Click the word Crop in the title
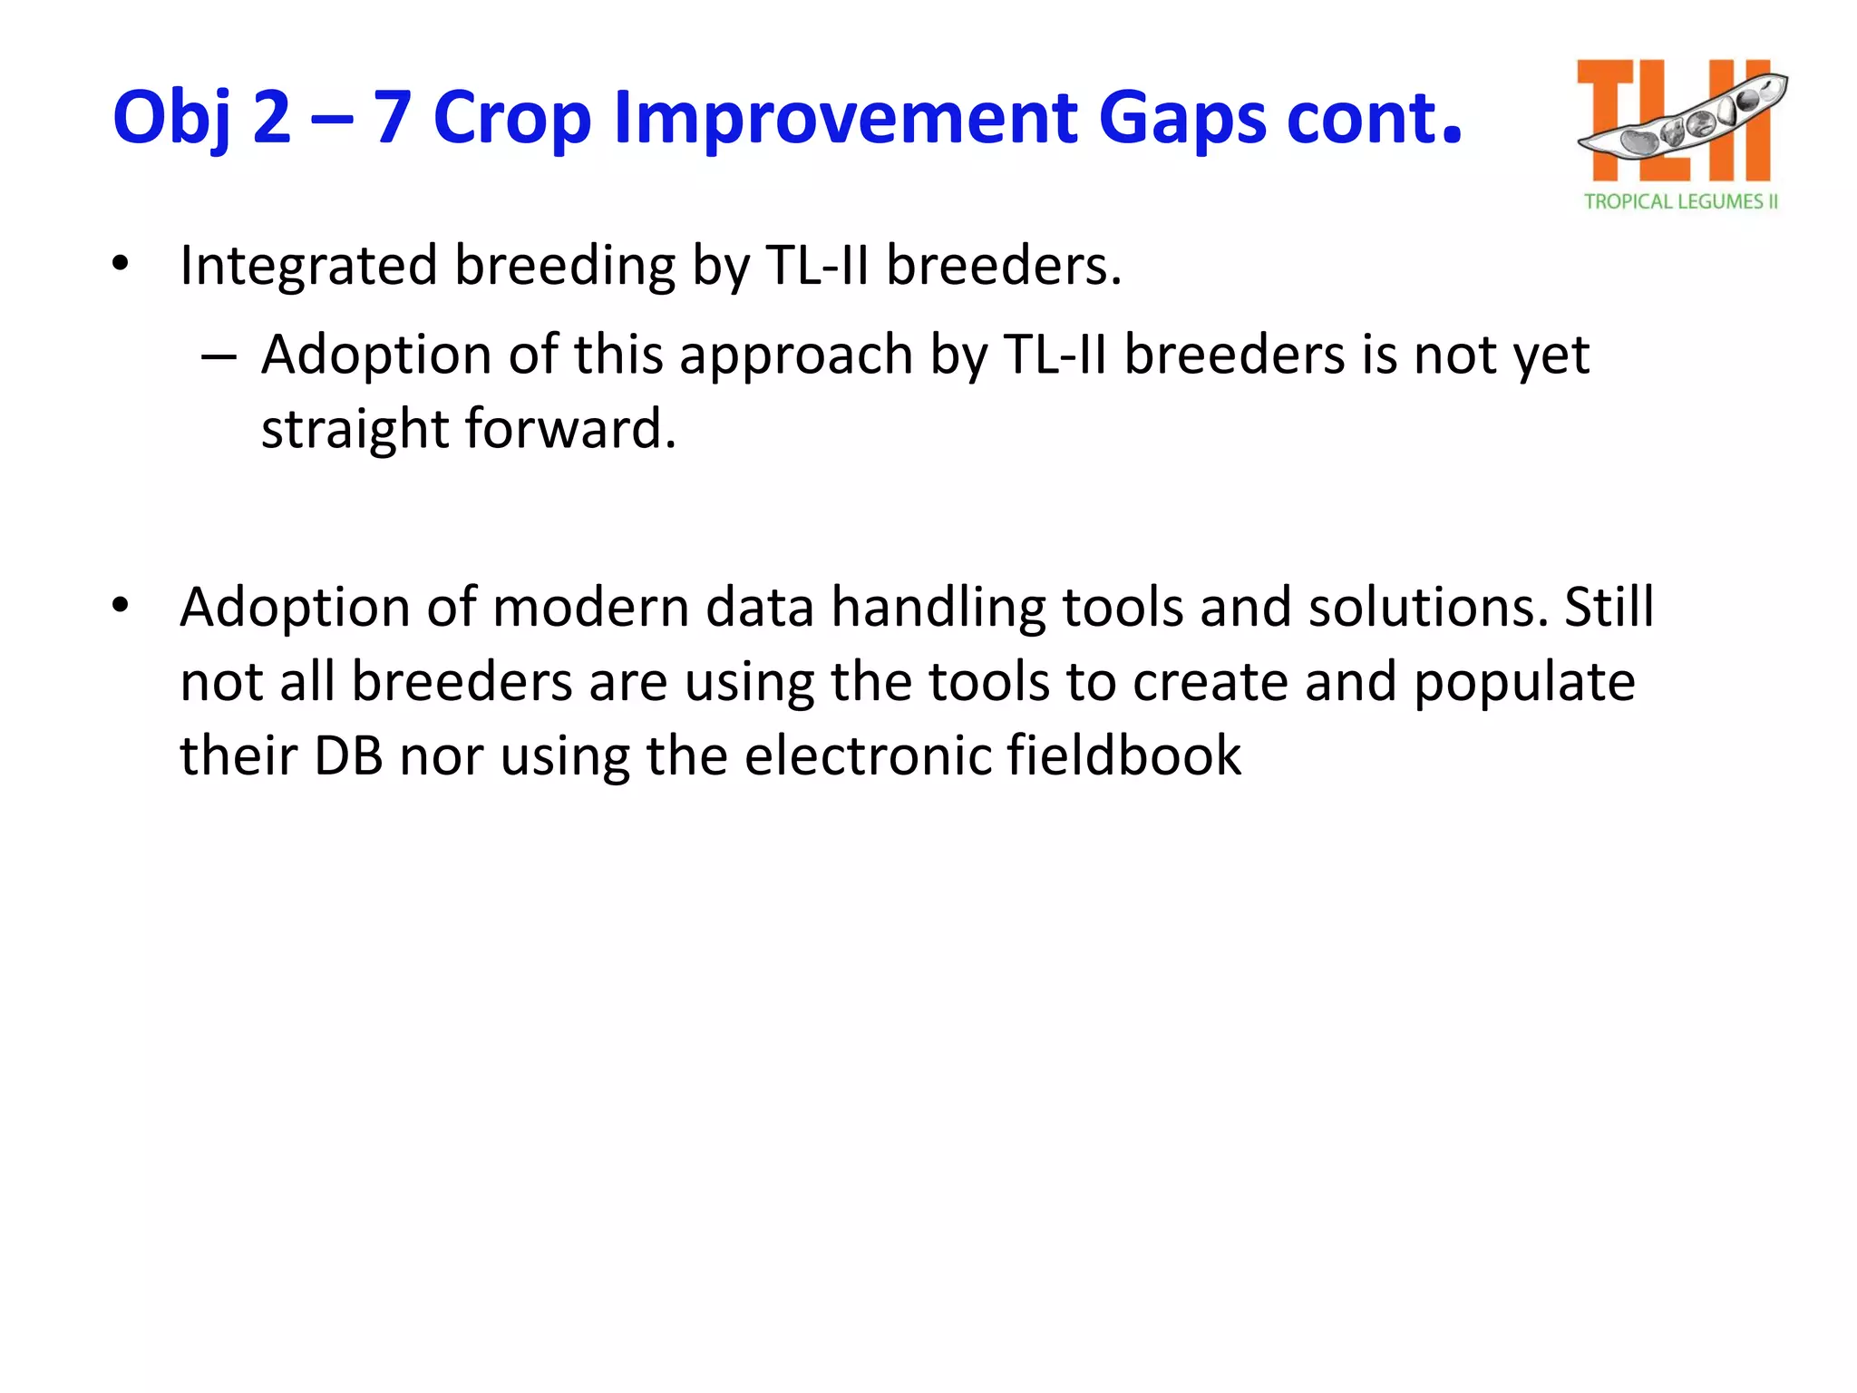512,118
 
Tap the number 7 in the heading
393,118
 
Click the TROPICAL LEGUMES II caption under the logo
1680,201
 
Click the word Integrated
308,267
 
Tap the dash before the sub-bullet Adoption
219,356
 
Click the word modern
591,608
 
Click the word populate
1524,683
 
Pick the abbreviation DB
348,755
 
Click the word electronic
867,755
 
